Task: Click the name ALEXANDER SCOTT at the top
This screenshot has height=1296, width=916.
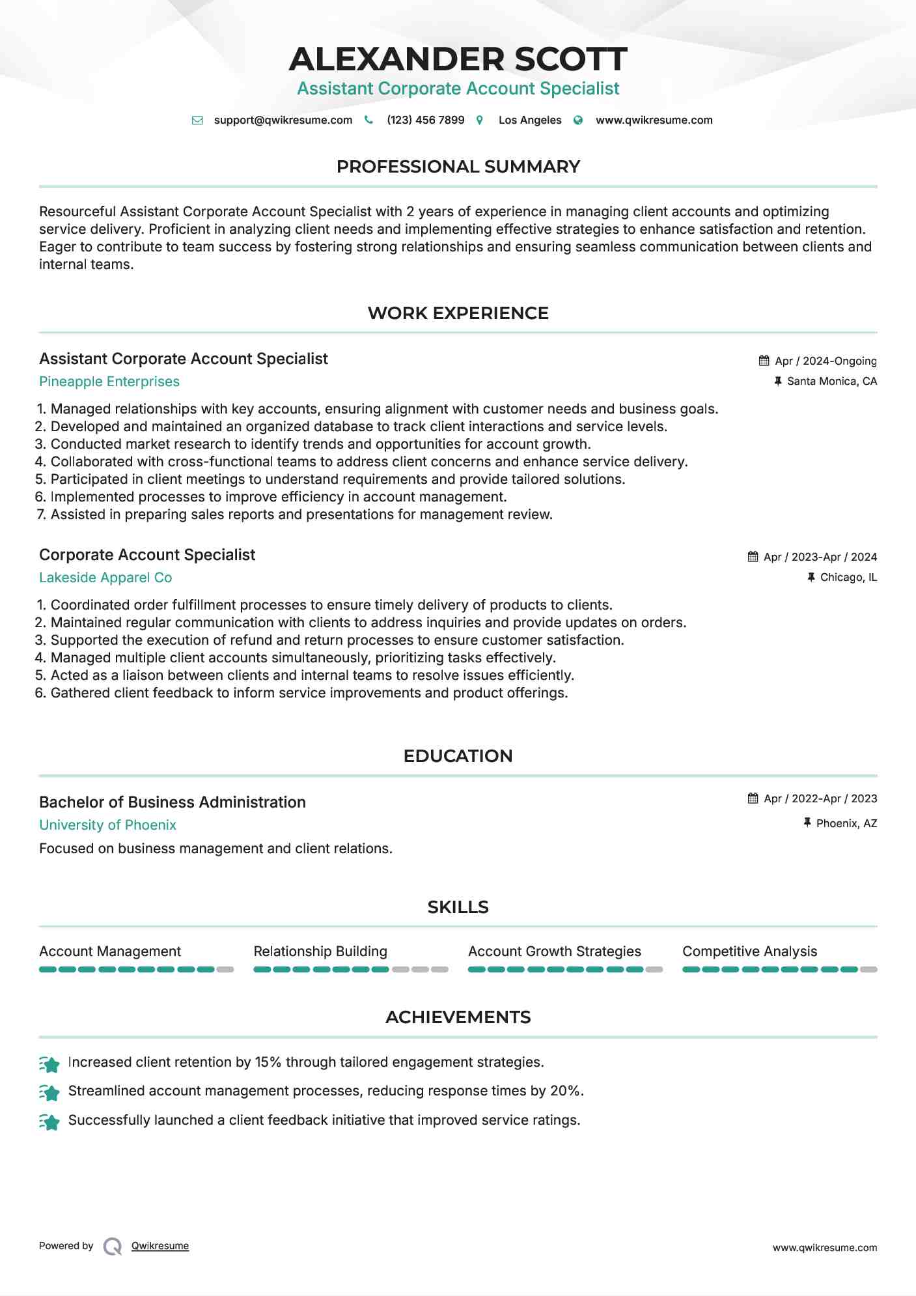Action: pos(458,59)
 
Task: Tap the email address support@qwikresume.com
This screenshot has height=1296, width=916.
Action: pos(283,120)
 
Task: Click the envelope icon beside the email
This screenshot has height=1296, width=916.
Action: pos(197,120)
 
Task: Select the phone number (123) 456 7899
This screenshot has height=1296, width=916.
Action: pos(425,120)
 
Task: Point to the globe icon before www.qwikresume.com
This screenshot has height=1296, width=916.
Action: pos(578,120)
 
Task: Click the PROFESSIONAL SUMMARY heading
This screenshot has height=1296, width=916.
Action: pos(458,167)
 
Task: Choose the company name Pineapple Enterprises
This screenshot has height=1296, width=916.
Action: pos(109,382)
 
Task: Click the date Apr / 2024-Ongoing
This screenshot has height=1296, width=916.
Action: pos(825,361)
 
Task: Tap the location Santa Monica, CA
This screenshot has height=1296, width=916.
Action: pos(831,381)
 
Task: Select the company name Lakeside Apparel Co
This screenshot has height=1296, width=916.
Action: pos(105,578)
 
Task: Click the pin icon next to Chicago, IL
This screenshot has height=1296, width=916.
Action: pos(811,577)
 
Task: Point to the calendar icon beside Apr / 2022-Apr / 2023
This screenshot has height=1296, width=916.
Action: pos(753,798)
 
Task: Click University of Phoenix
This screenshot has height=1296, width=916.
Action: pos(107,825)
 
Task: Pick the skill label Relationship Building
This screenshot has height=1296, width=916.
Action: pos(320,951)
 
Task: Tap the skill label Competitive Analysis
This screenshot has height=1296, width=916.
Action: pos(749,951)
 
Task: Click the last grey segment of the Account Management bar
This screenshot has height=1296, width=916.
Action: pos(225,970)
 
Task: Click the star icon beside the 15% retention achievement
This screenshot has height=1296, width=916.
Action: pos(49,1064)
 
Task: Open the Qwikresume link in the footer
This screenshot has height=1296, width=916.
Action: pos(160,1246)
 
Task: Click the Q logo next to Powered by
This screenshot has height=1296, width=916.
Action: pos(113,1247)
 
